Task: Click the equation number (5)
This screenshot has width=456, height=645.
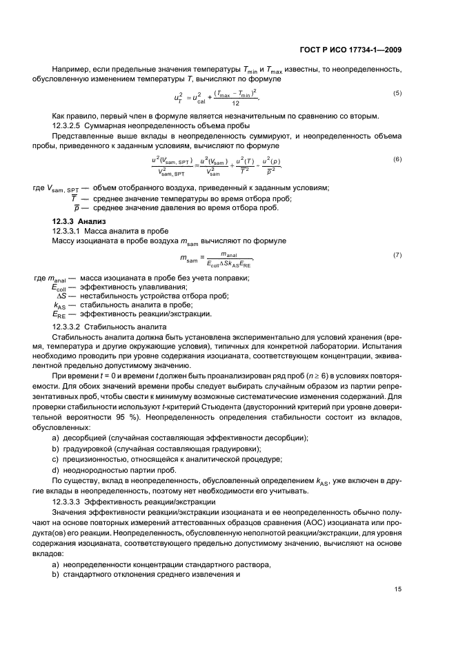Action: point(397,92)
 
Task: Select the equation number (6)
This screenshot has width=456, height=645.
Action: point(397,159)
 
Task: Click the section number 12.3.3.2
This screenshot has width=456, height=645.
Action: point(71,326)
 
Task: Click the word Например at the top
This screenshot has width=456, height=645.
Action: point(71,69)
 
